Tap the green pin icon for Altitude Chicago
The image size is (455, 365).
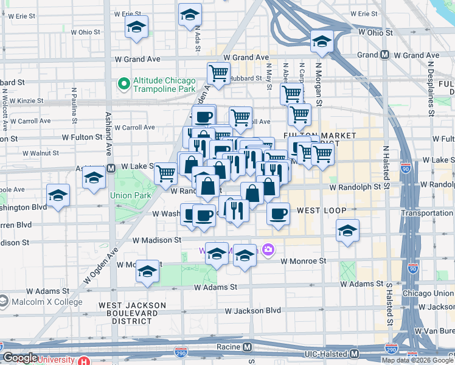click(x=124, y=82)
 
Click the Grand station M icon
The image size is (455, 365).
click(x=384, y=55)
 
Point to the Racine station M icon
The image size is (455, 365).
click(x=247, y=347)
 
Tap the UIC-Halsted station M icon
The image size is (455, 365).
click(x=354, y=353)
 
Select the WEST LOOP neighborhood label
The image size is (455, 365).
click(x=321, y=210)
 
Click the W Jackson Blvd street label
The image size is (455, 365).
click(x=252, y=311)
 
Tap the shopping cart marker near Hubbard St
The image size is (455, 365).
click(x=218, y=74)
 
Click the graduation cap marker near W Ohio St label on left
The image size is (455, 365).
click(x=137, y=27)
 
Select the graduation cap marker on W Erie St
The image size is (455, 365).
click(x=190, y=13)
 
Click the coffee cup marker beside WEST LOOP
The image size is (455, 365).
click(x=278, y=214)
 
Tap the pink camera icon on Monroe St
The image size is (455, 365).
click(x=268, y=249)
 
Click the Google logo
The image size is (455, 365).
click(x=20, y=358)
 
